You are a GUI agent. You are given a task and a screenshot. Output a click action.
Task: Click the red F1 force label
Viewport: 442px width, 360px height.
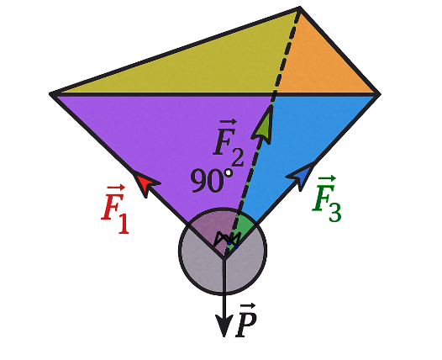(115, 209)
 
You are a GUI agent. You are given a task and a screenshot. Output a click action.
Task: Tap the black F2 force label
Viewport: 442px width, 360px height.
(229, 143)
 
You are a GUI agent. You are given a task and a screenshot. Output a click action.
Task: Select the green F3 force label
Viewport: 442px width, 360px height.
(327, 199)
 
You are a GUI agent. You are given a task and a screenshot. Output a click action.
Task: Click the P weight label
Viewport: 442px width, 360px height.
(246, 320)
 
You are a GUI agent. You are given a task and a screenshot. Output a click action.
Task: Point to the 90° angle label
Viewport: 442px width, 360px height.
(212, 180)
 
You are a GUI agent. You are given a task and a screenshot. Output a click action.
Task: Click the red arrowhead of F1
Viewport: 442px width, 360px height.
(145, 183)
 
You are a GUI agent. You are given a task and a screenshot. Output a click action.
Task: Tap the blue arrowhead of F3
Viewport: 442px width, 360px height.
(302, 176)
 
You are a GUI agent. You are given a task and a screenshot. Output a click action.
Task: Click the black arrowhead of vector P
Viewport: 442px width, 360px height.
(224, 326)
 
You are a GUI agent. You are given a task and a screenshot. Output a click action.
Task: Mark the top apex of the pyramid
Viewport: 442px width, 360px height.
(300, 8)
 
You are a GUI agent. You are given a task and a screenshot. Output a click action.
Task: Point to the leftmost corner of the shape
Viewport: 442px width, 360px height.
(50, 93)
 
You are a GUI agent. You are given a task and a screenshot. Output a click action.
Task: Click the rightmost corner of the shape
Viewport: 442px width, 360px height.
(380, 94)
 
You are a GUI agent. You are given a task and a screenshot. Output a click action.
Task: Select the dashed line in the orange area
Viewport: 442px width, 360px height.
(287, 50)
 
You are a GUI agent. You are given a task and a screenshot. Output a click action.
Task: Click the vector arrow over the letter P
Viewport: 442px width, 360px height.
(248, 305)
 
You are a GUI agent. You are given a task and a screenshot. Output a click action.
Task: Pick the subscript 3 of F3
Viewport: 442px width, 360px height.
(334, 213)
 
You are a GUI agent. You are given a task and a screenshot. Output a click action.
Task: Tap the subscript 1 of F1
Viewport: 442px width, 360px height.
(124, 225)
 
